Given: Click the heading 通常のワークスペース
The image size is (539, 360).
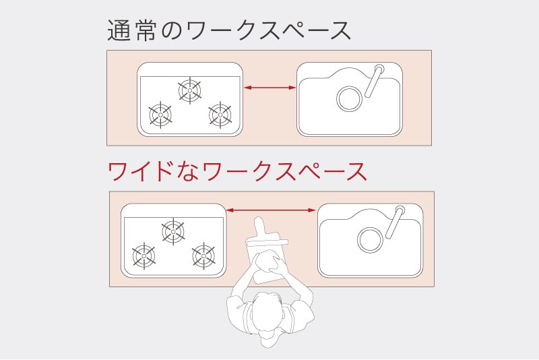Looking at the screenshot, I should (x=230, y=31).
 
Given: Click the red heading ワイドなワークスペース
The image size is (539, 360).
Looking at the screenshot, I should (x=238, y=171).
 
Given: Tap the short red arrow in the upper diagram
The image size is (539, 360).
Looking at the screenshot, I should (x=269, y=87).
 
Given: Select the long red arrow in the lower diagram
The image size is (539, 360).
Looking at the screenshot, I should (x=271, y=211).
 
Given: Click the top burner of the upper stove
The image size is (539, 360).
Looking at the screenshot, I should (x=189, y=90).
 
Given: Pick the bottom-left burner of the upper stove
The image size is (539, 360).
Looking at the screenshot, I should (x=160, y=115).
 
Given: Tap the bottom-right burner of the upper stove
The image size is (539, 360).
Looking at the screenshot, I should (x=220, y=115).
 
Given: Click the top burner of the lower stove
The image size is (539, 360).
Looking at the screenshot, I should (x=173, y=231).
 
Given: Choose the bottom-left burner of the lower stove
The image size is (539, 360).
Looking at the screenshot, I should (x=144, y=256).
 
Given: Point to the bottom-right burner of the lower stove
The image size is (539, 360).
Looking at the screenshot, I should (x=203, y=256).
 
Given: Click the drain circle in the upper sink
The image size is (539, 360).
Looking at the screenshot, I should (x=350, y=99).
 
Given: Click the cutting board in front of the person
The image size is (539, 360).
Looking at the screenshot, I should (x=265, y=260).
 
